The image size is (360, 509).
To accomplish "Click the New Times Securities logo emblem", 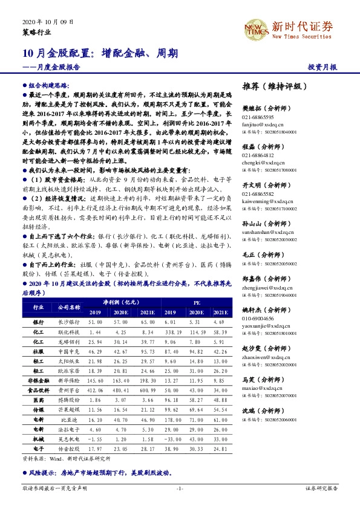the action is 255,27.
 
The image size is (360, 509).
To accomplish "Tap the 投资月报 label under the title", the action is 324,67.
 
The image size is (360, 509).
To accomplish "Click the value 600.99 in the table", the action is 147,392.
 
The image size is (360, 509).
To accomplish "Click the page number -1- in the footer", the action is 179,488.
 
